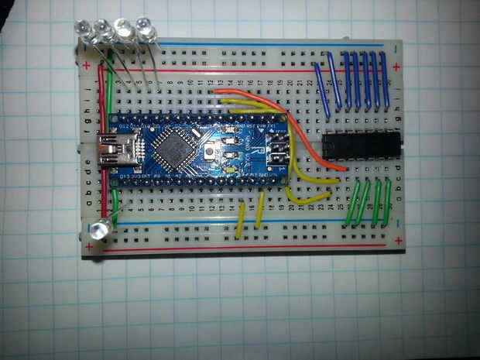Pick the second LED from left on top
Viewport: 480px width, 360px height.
(101, 32)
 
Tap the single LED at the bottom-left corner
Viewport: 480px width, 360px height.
(99, 230)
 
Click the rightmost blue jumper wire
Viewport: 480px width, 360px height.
(384, 81)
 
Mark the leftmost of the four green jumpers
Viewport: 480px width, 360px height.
(351, 204)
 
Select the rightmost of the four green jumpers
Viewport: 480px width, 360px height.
(386, 204)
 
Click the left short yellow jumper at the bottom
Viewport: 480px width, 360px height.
(241, 220)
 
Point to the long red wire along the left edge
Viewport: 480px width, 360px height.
(101, 139)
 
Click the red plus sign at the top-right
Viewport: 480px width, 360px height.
(396, 67)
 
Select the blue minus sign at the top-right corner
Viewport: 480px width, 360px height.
(396, 49)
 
